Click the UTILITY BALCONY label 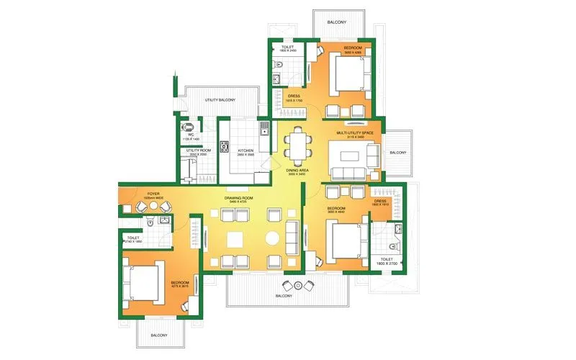coord(220,99)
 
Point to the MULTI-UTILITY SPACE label coord(358,133)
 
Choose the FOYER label coord(153,194)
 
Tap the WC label coord(191,133)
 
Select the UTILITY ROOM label coord(198,150)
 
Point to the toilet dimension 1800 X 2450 coord(288,50)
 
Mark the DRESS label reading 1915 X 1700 coord(293,99)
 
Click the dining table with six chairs coord(296,147)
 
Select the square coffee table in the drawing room coord(235,239)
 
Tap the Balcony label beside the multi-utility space coord(397,153)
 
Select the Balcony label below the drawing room coord(283,296)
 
